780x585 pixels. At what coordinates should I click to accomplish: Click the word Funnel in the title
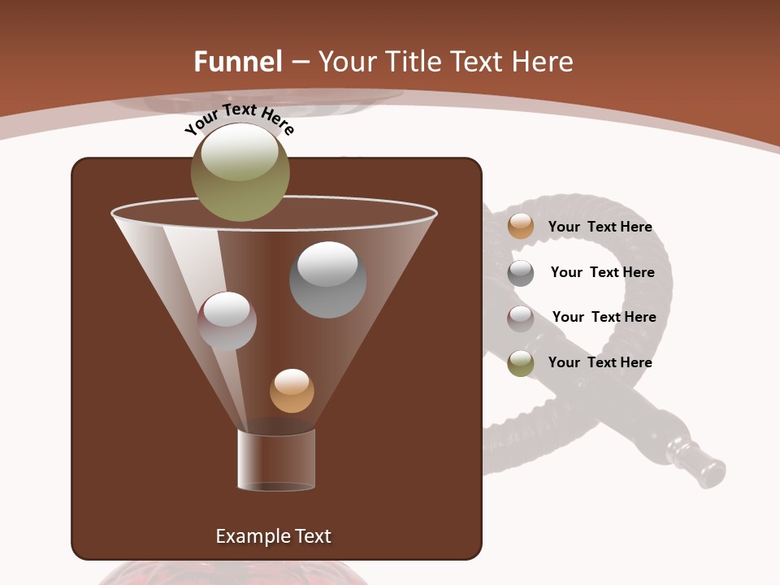coord(238,62)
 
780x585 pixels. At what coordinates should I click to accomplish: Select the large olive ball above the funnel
coord(240,172)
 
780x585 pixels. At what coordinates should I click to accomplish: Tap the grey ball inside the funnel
coord(327,279)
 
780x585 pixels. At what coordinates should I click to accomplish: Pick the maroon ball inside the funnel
coord(227,321)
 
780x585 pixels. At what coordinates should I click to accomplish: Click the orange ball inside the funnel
coord(292,391)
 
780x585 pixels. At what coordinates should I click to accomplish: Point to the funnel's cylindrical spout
coord(276,460)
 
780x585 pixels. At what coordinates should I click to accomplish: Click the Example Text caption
coord(273,536)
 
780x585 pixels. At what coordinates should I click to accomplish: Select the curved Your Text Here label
coord(239,119)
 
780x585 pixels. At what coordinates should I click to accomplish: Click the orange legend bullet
coord(521,227)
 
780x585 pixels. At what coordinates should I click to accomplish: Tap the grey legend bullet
coord(521,273)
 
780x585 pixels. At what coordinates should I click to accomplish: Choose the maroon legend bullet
coord(521,318)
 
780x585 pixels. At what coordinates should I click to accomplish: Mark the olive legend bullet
coord(521,363)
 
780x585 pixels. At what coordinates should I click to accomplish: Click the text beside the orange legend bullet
coord(600,227)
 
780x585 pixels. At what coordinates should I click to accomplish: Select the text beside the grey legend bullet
coord(602,272)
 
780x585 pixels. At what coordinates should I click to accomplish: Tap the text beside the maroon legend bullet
coord(604,317)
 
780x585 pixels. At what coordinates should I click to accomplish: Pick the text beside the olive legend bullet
coord(600,362)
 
